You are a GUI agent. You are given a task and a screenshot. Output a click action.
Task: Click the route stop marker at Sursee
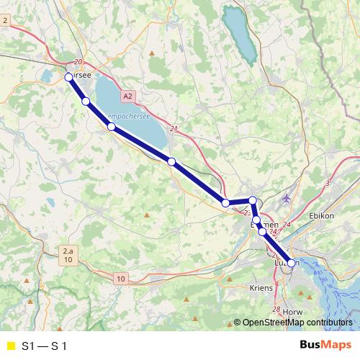[x=68, y=76]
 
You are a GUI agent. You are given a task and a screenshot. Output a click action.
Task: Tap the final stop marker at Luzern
[x=292, y=264]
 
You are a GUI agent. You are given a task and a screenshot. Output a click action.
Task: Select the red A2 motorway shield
[x=127, y=95]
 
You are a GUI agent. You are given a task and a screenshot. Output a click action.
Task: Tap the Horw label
[x=293, y=311]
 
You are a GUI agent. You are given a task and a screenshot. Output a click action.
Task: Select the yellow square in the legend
[x=10, y=346]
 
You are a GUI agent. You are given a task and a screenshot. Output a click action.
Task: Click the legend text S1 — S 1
[x=45, y=346]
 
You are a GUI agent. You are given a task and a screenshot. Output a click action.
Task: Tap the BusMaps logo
[x=325, y=346]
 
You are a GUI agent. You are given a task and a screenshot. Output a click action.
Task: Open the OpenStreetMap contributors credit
[x=297, y=323]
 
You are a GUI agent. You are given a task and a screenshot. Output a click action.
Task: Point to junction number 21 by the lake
[x=174, y=129]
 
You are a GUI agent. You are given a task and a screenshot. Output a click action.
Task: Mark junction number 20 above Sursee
[x=78, y=63]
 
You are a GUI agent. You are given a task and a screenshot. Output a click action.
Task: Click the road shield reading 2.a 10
[x=67, y=255]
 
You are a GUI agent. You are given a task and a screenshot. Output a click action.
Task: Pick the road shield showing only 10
[x=120, y=278]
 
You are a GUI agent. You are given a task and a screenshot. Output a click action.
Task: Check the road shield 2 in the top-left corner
[x=5, y=21]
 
